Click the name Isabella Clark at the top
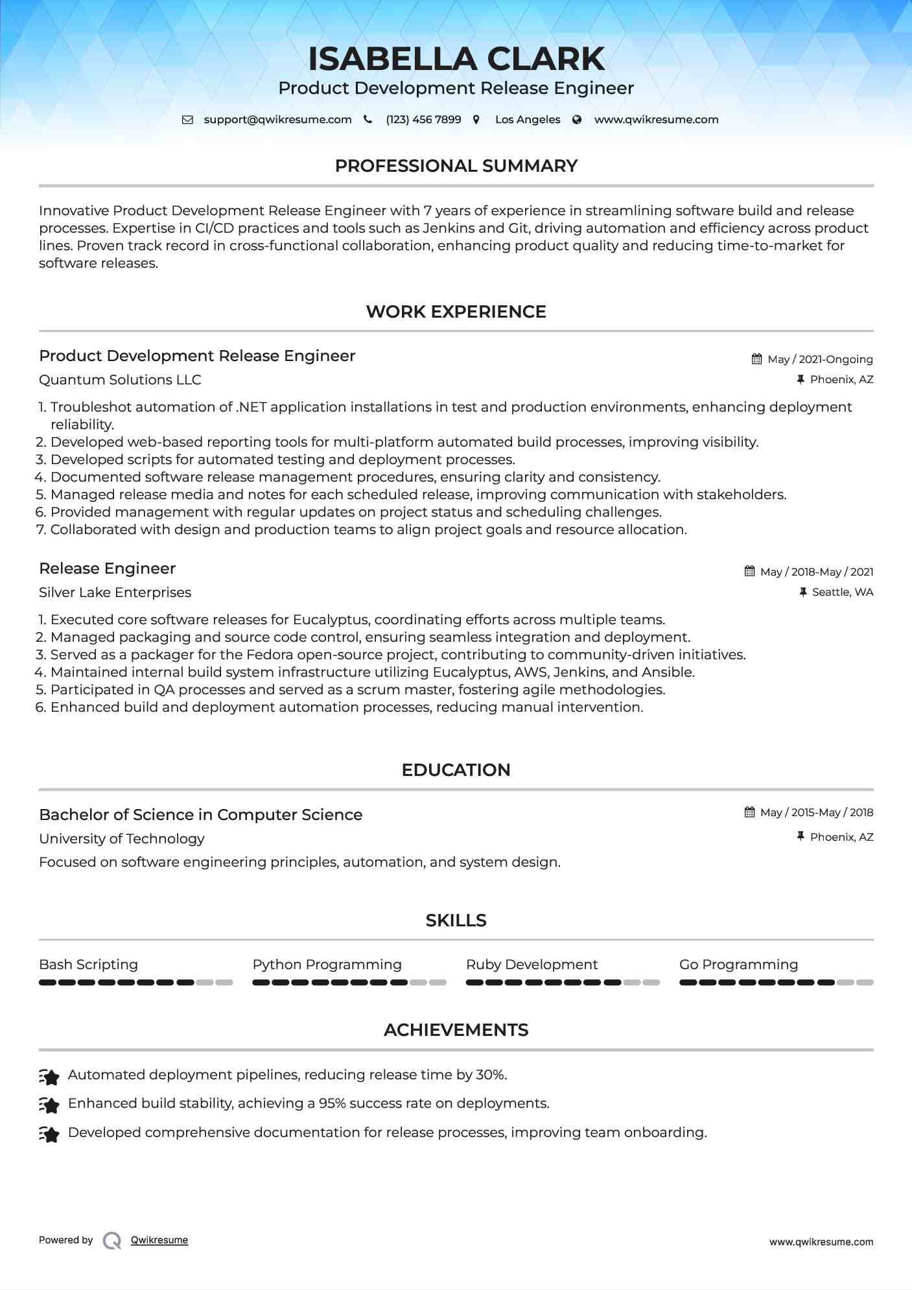[456, 59]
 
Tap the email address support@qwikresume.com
[277, 120]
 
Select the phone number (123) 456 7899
[423, 120]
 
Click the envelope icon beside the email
[187, 120]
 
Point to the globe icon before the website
[577, 120]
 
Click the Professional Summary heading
[456, 166]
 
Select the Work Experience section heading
[456, 312]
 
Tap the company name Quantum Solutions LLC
[120, 380]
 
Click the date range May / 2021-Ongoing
[820, 359]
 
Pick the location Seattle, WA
[842, 592]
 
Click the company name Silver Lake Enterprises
[115, 592]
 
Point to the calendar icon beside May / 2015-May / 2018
[750, 812]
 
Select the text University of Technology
[121, 839]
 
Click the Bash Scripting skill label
[88, 965]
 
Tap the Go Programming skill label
[738, 965]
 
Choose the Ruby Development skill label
[532, 965]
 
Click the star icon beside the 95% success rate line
[49, 1104]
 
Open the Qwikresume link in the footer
[159, 1240]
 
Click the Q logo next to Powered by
[112, 1240]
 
